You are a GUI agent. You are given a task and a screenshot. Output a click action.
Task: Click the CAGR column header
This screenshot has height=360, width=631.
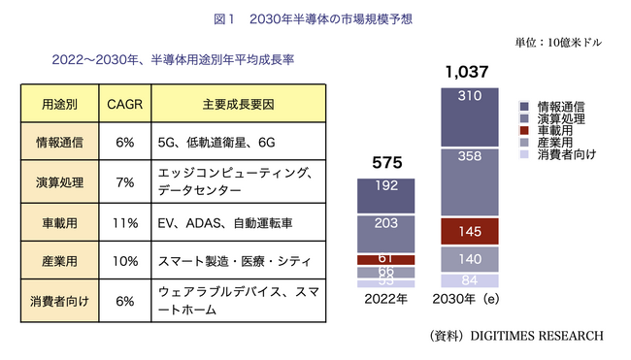[x=124, y=103]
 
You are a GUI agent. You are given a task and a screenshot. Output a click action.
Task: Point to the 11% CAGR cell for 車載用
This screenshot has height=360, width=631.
[x=124, y=222]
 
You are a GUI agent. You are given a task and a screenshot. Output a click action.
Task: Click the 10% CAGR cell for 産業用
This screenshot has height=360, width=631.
[x=124, y=262]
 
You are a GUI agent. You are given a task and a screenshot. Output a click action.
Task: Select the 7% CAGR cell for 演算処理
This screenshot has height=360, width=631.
[x=124, y=181]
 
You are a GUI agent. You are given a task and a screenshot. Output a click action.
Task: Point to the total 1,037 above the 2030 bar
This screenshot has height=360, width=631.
[x=466, y=72]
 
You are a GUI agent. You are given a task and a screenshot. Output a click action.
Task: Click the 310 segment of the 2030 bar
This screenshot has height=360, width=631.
[x=470, y=96]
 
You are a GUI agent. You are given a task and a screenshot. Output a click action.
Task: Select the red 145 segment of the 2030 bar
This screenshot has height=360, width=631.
[x=470, y=232]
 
